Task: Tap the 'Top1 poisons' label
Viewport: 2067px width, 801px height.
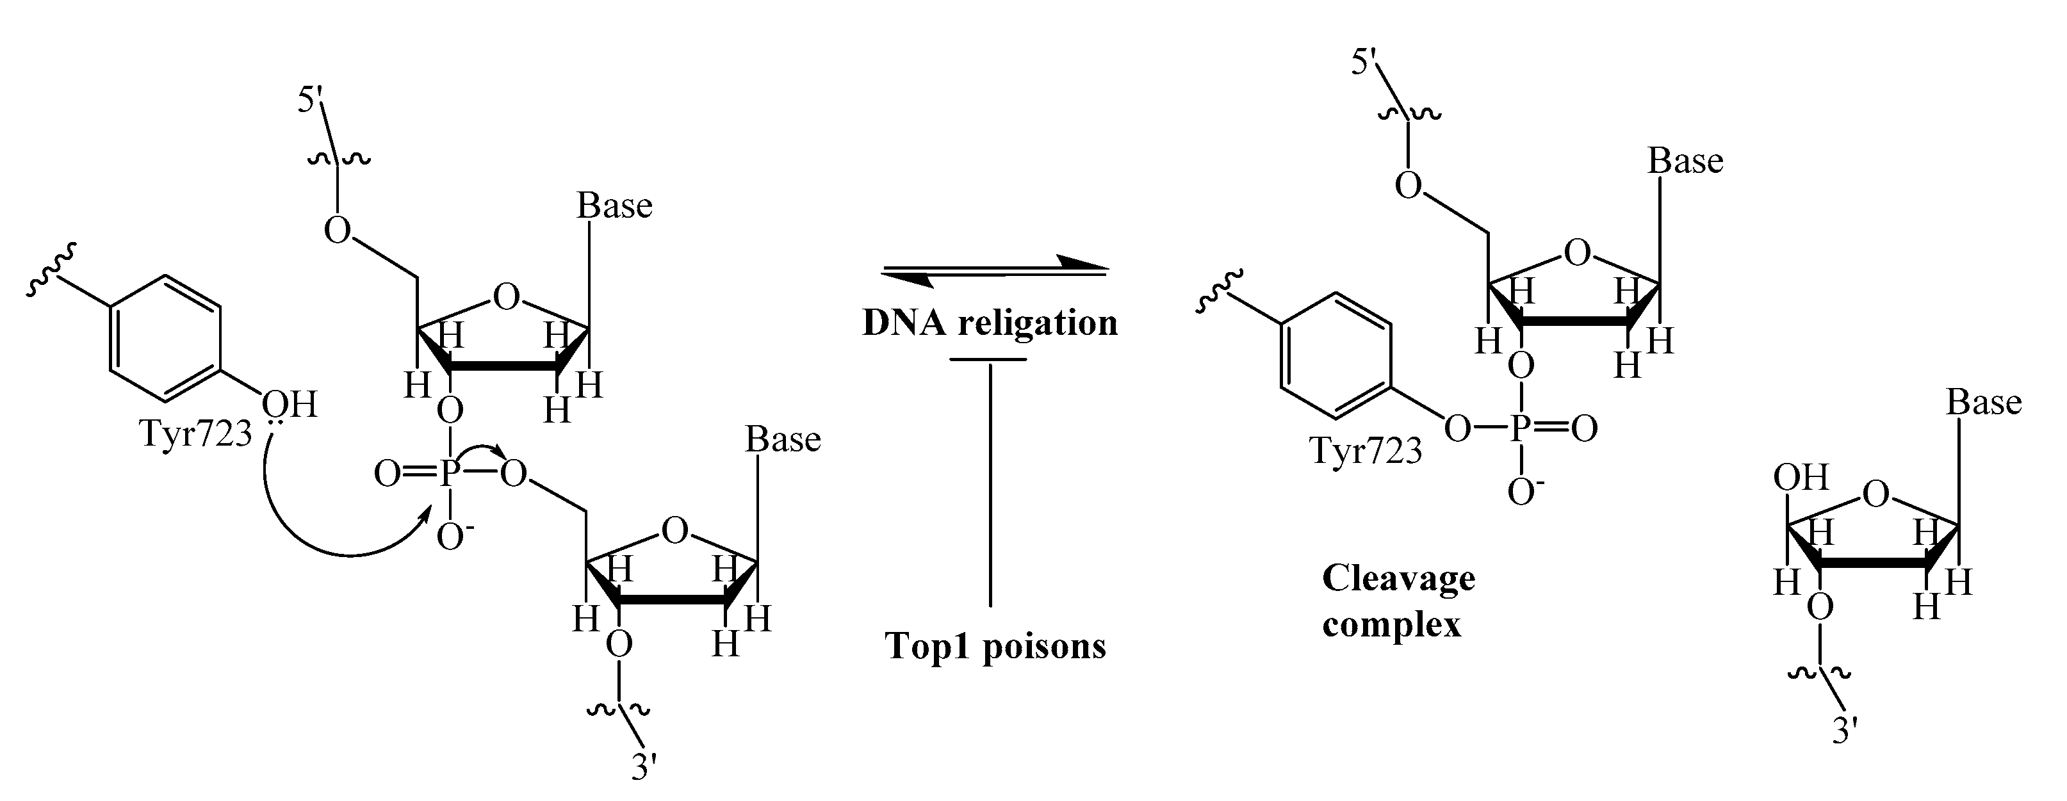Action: point(995,645)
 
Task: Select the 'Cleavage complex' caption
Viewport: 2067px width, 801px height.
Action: point(1398,600)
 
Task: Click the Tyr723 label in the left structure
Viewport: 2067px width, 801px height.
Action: point(197,433)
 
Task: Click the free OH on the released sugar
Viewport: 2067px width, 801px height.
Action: point(1801,478)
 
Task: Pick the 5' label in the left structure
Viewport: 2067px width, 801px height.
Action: point(311,102)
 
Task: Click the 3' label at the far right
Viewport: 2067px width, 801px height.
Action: point(1845,731)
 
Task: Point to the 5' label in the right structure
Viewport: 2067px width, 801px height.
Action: point(1365,61)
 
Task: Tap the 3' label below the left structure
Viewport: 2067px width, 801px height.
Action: point(644,766)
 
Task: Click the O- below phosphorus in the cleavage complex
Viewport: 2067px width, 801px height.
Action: point(1521,490)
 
